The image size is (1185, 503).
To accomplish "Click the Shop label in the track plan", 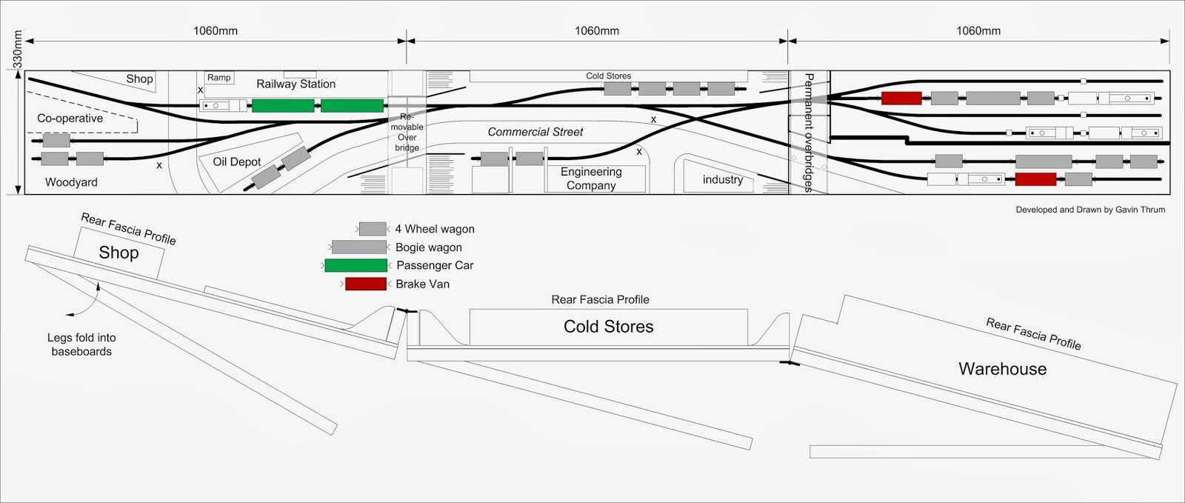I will (139, 79).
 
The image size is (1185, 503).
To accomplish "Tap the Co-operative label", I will (70, 119).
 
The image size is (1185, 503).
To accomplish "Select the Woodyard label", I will (71, 182).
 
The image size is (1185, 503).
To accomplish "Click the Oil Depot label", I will (237, 161).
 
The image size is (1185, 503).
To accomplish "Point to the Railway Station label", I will (296, 84).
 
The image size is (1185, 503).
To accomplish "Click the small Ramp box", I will (219, 78).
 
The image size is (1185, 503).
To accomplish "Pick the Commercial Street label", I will (535, 132).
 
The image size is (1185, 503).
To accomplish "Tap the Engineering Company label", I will (591, 179).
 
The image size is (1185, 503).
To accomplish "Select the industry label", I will (722, 180).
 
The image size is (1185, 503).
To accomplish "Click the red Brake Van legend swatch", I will (365, 284).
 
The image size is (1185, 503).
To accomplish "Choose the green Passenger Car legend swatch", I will (355, 265).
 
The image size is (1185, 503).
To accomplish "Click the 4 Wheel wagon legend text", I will (435, 230).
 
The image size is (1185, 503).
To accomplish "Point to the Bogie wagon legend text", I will (428, 247).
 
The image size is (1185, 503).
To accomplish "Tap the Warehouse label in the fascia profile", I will (1002, 369).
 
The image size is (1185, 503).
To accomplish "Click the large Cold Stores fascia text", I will (608, 327).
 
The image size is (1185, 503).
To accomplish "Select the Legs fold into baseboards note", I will (81, 344).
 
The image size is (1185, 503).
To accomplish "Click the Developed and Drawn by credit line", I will (1090, 210).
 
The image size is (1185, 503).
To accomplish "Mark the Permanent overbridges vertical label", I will (809, 133).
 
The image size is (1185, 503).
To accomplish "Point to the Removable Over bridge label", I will (407, 133).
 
